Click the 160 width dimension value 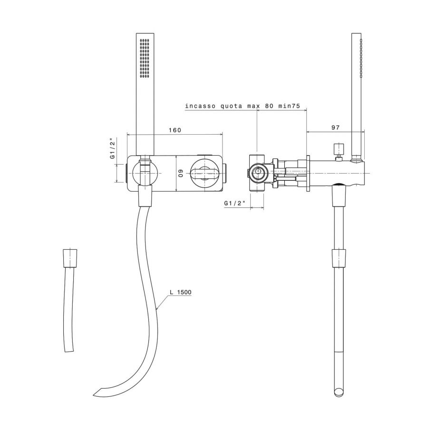[x=175, y=130]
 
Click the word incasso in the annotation [x=200, y=106]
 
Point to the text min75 [x=289, y=106]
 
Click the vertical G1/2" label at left [x=113, y=148]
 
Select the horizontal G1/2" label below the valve [x=235, y=203]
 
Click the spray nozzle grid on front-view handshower [x=145, y=58]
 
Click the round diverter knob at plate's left [x=145, y=173]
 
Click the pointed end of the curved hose [x=97, y=393]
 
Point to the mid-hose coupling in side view [x=338, y=257]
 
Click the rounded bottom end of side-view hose [x=339, y=392]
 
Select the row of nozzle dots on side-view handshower [x=361, y=58]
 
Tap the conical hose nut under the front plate [x=145, y=197]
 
